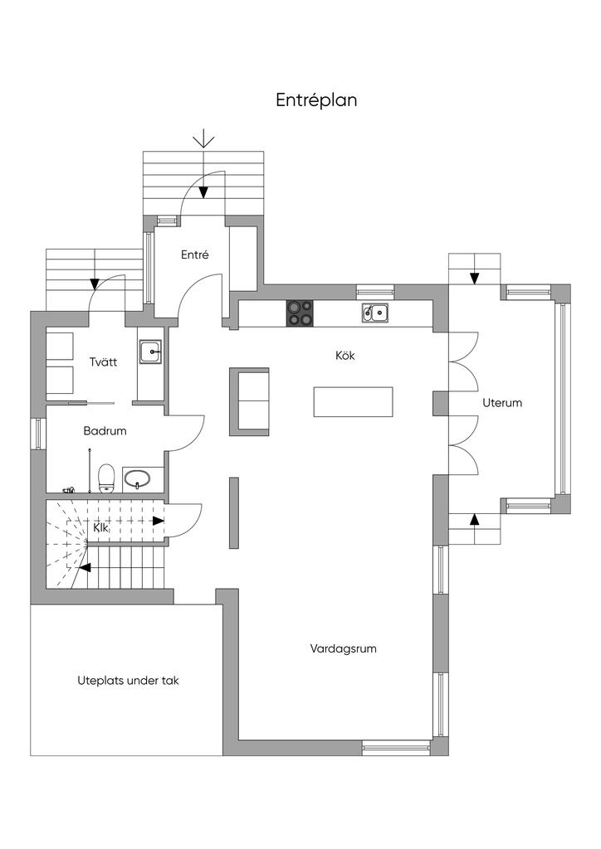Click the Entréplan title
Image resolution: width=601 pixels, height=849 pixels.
click(316, 100)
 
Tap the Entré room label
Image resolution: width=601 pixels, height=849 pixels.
click(195, 255)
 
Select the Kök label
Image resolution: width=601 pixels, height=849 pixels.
click(345, 356)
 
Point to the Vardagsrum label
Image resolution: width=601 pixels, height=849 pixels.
click(343, 648)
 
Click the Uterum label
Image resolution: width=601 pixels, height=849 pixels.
click(502, 403)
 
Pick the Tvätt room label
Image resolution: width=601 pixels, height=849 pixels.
click(104, 361)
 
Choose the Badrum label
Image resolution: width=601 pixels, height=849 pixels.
click(105, 431)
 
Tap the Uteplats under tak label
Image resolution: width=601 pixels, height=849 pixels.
click(128, 682)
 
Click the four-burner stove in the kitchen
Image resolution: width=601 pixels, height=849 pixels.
click(300, 313)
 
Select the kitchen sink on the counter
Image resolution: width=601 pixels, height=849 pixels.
click(375, 313)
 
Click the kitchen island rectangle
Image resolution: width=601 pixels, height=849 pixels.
click(354, 402)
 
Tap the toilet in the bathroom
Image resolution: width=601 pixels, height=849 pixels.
click(107, 478)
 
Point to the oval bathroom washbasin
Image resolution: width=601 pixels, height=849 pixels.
click(137, 478)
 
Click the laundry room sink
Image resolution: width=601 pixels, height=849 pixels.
click(150, 352)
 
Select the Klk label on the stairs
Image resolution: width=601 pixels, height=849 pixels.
click(100, 528)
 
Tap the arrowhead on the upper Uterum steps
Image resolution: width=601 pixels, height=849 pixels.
click(475, 279)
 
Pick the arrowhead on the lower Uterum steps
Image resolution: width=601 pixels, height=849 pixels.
click(475, 519)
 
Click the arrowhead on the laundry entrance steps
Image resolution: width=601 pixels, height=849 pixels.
click(95, 284)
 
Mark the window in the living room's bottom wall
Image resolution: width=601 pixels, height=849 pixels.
click(396, 749)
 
